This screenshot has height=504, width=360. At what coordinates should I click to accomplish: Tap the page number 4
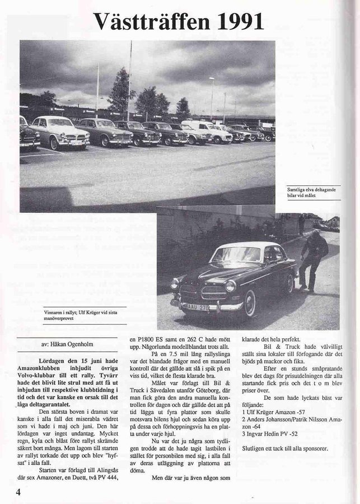point(11,492)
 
